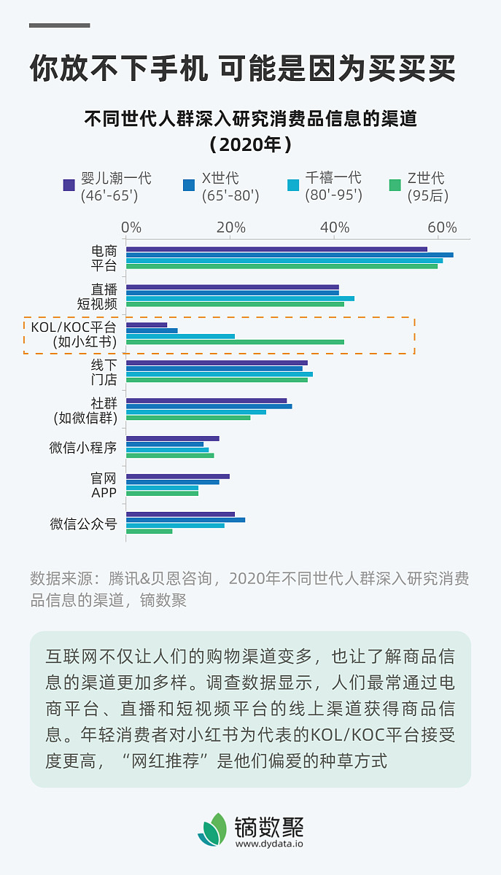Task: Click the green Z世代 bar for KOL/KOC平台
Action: [x=235, y=342]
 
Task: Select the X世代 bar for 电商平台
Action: [x=290, y=254]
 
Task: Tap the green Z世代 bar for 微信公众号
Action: [x=149, y=532]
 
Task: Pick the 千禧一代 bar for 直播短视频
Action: [x=240, y=298]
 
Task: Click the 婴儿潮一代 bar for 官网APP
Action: [x=178, y=476]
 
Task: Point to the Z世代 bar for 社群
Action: [x=188, y=418]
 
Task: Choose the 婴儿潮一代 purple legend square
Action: [x=69, y=185]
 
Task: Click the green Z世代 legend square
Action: [x=395, y=185]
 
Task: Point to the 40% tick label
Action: [x=334, y=227]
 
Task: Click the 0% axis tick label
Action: [x=131, y=227]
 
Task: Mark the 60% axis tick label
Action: [x=442, y=227]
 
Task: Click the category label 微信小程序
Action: [x=83, y=448]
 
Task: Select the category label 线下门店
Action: [x=104, y=371]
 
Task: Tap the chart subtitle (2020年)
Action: [x=250, y=144]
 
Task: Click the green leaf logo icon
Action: [x=212, y=829]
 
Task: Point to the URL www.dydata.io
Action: [x=269, y=844]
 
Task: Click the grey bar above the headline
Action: [x=60, y=26]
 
